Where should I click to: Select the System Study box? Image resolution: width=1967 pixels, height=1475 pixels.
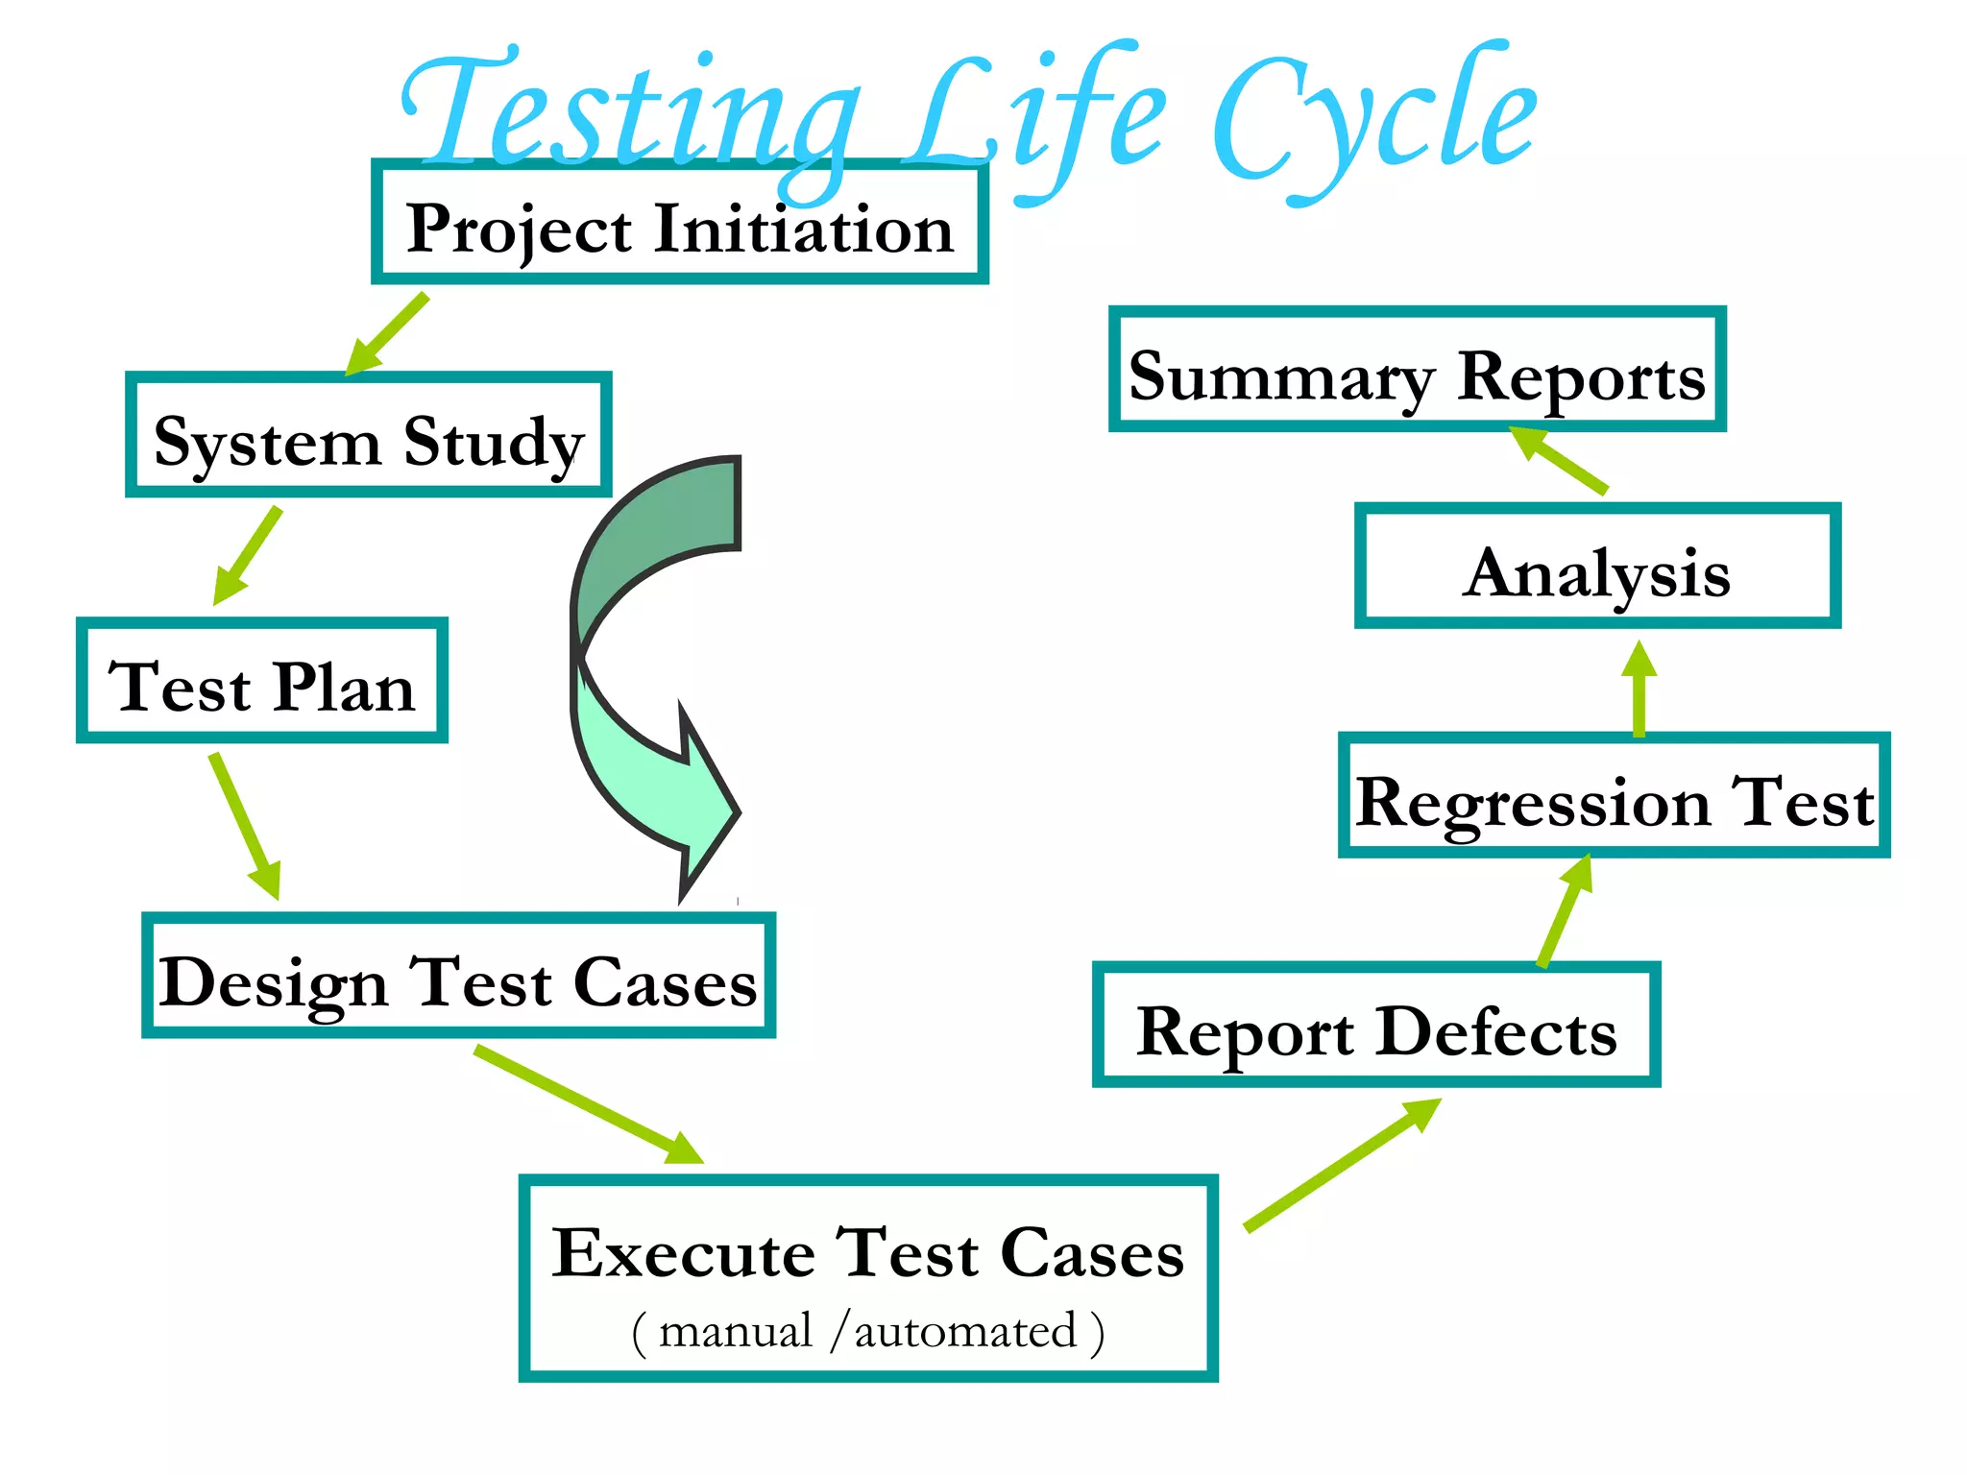click(x=369, y=438)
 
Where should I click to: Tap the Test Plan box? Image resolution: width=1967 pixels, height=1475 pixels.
click(x=261, y=684)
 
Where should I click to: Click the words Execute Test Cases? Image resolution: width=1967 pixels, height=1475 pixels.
click(x=868, y=1252)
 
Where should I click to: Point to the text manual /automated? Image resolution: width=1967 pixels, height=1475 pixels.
click(x=868, y=1332)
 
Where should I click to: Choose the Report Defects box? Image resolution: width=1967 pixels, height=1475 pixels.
click(x=1375, y=1028)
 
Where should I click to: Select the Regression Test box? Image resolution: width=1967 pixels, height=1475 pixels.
click(x=1614, y=799)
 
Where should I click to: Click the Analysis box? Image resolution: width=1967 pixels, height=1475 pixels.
click(x=1596, y=570)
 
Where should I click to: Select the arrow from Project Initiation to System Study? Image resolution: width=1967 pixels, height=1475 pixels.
click(x=387, y=335)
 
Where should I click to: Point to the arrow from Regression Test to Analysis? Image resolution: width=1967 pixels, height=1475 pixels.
click(x=1639, y=689)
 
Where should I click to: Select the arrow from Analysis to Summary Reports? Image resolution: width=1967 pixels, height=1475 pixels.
click(x=1557, y=460)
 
